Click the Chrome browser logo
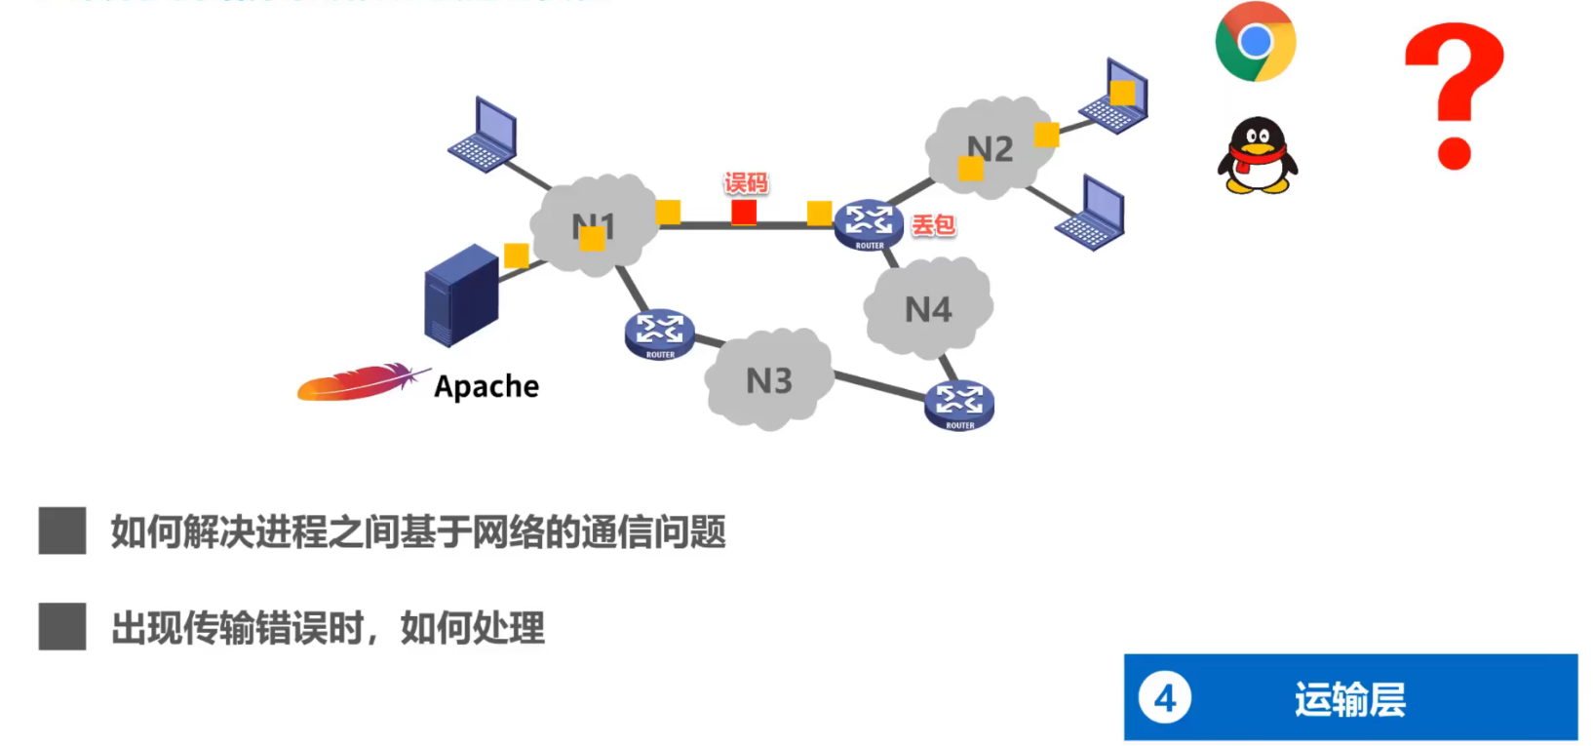[x=1256, y=42]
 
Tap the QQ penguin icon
[x=1258, y=156]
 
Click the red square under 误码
[x=744, y=212]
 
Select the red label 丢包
[x=933, y=225]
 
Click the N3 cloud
[x=769, y=380]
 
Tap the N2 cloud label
[x=991, y=148]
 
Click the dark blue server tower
[x=461, y=294]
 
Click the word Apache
[x=486, y=387]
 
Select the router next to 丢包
[x=869, y=224]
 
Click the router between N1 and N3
[x=660, y=334]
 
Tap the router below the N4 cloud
[x=959, y=404]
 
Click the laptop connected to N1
[x=484, y=136]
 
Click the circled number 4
[x=1165, y=698]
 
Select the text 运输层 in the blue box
[x=1350, y=699]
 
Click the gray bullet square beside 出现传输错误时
[x=62, y=626]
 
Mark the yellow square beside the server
[x=517, y=255]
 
